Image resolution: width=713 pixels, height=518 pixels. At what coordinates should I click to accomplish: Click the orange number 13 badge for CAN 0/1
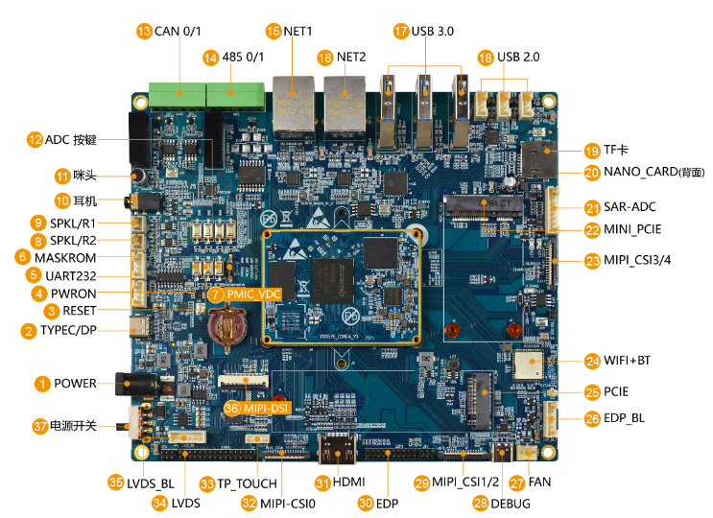tap(145, 32)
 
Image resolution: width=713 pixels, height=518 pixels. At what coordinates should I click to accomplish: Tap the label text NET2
tap(351, 58)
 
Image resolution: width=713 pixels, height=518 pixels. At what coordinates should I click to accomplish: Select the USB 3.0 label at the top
tap(433, 32)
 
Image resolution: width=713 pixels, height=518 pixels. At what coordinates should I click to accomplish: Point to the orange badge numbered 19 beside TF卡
tap(591, 150)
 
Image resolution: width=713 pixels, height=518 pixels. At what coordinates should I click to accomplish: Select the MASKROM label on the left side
tap(65, 257)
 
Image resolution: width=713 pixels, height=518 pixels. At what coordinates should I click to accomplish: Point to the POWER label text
tap(75, 384)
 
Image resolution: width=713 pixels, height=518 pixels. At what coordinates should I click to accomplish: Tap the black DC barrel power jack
tap(131, 385)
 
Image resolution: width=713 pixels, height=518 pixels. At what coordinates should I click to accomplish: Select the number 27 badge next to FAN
tap(516, 482)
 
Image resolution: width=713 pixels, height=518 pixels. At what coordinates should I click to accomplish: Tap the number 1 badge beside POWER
tap(42, 384)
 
